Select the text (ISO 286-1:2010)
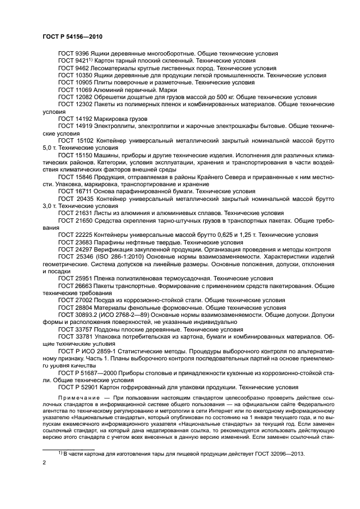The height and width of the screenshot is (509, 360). pos(124,256)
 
